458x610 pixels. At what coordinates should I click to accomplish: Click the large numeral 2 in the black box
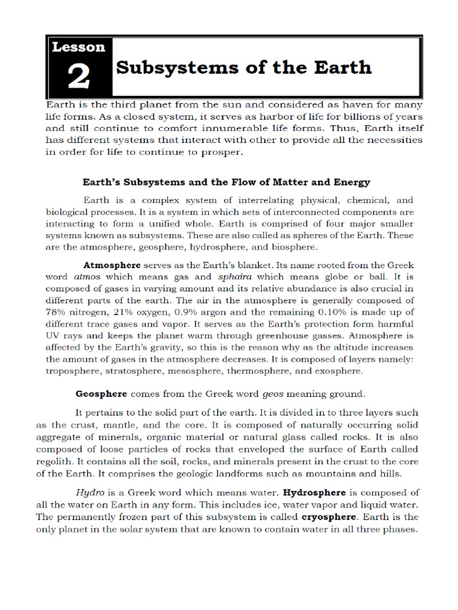pyautogui.click(x=79, y=77)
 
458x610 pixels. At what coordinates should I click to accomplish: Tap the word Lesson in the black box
pyautogui.click(x=78, y=47)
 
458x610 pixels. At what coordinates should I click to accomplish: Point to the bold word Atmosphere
pyautogui.click(x=112, y=264)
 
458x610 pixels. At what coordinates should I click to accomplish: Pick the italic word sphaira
pyautogui.click(x=233, y=276)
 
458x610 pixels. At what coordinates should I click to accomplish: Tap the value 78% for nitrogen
pyautogui.click(x=57, y=312)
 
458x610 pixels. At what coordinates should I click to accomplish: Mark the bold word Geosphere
pyautogui.click(x=101, y=394)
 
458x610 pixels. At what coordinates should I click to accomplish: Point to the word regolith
pyautogui.click(x=55, y=462)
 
